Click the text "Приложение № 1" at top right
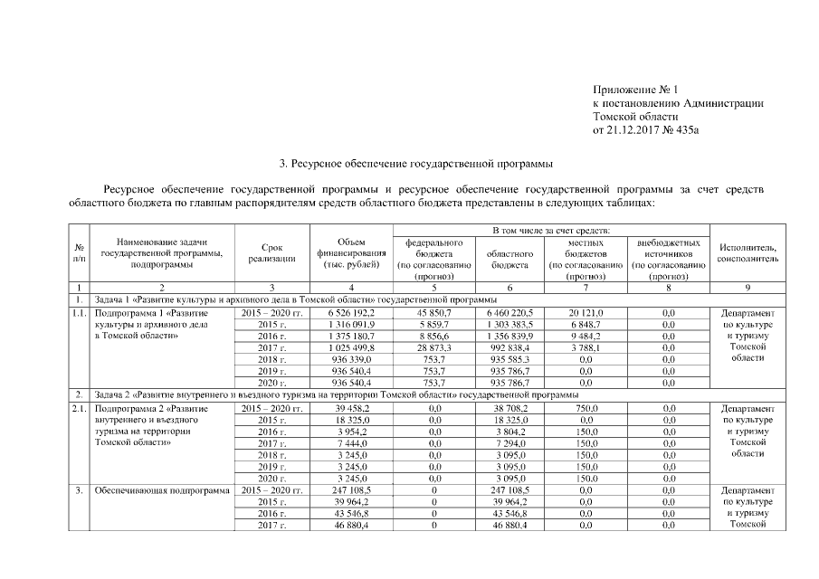pos(635,90)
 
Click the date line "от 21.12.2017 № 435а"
pos(646,130)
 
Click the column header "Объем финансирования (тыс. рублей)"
pos(351,253)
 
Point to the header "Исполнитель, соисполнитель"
pos(748,253)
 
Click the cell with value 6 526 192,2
pos(351,312)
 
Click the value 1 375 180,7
pos(351,336)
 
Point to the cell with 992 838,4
pos(509,347)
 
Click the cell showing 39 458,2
pos(351,409)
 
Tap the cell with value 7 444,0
pos(351,444)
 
